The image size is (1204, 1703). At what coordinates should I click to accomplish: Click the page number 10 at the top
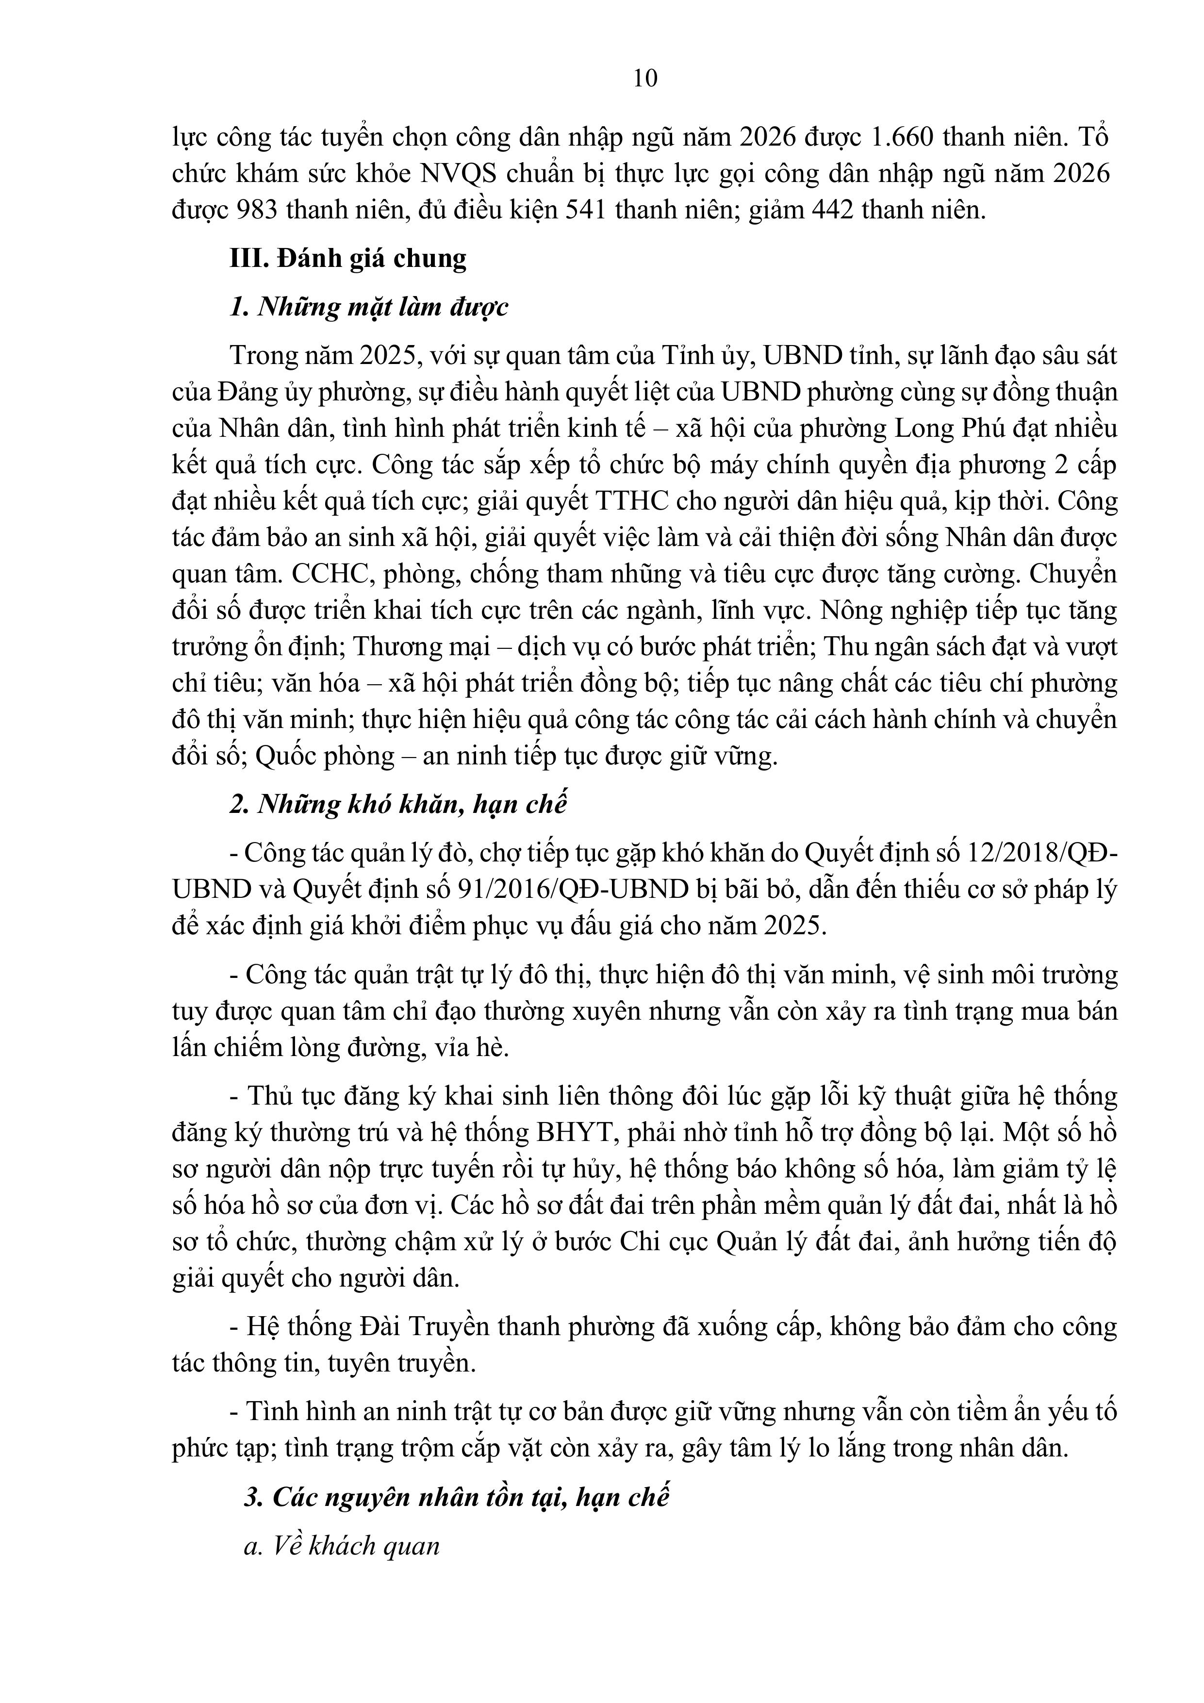pos(645,78)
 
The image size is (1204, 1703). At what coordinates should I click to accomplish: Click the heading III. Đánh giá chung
pos(348,258)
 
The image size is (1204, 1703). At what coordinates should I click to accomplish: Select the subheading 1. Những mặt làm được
pos(369,307)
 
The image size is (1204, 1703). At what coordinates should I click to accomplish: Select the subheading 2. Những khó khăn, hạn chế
pos(397,805)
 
